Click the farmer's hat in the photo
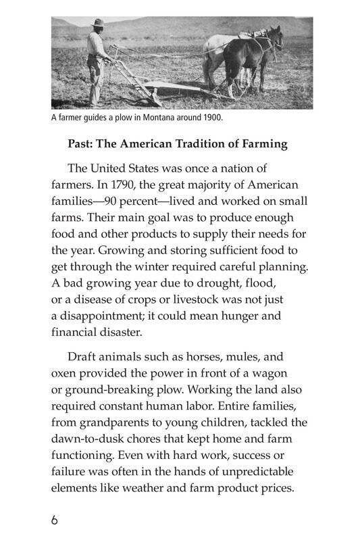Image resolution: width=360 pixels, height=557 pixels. [98, 24]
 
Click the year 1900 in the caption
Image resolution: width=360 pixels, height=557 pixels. [211, 117]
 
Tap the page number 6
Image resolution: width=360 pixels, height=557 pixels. [55, 520]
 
